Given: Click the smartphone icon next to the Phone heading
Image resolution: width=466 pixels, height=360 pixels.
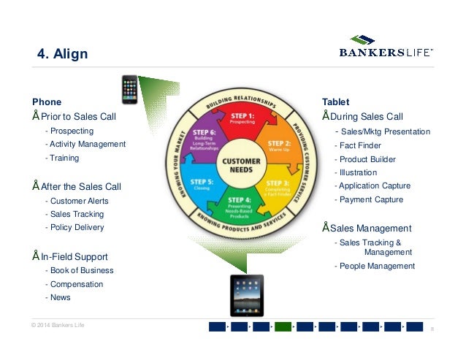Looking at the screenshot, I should (x=130, y=89).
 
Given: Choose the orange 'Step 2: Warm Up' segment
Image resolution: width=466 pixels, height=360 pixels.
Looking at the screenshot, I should (x=278, y=147).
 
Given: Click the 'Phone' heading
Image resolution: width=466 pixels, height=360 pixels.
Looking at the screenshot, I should (x=47, y=102).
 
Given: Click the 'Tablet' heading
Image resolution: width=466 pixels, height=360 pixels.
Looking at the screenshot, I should (x=335, y=102).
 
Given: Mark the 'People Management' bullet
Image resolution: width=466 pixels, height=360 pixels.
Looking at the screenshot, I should (x=376, y=266).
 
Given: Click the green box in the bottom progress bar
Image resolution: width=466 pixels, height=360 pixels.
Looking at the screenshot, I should (x=283, y=326).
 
